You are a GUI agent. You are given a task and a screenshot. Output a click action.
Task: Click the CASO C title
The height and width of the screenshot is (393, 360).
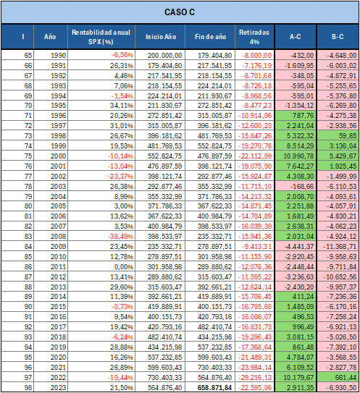180,12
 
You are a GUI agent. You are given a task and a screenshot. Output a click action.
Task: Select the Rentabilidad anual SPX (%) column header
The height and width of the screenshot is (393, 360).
101,37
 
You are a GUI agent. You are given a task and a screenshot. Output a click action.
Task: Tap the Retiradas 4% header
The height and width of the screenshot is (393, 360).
254,37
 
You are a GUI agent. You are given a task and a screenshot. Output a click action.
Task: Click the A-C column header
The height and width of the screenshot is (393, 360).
296,37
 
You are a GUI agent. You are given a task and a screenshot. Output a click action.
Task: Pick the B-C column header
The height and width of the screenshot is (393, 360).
338,37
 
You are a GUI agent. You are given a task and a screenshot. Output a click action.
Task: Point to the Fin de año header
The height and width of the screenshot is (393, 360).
211,37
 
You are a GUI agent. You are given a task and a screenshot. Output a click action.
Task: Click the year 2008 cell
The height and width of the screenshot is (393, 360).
59,237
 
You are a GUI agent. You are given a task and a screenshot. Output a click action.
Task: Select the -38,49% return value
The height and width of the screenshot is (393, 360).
121,237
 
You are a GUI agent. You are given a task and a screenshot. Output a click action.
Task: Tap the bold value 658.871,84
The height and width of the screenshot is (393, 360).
214,387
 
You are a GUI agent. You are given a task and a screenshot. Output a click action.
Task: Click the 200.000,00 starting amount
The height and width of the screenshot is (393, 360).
164,56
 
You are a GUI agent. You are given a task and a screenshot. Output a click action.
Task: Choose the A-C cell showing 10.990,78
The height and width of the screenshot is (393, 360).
298,156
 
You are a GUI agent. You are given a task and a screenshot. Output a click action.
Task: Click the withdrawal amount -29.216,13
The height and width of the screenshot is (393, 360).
255,378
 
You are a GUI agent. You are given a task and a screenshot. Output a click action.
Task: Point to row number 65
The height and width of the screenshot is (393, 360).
28,56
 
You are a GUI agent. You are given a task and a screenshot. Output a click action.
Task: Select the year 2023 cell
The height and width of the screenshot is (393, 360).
59,387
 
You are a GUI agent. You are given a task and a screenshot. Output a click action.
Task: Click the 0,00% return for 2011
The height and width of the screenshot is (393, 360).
124,266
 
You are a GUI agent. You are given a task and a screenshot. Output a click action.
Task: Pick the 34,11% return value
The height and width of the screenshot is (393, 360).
122,106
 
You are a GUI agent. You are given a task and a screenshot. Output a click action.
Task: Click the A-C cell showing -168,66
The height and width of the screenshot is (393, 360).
302,186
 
